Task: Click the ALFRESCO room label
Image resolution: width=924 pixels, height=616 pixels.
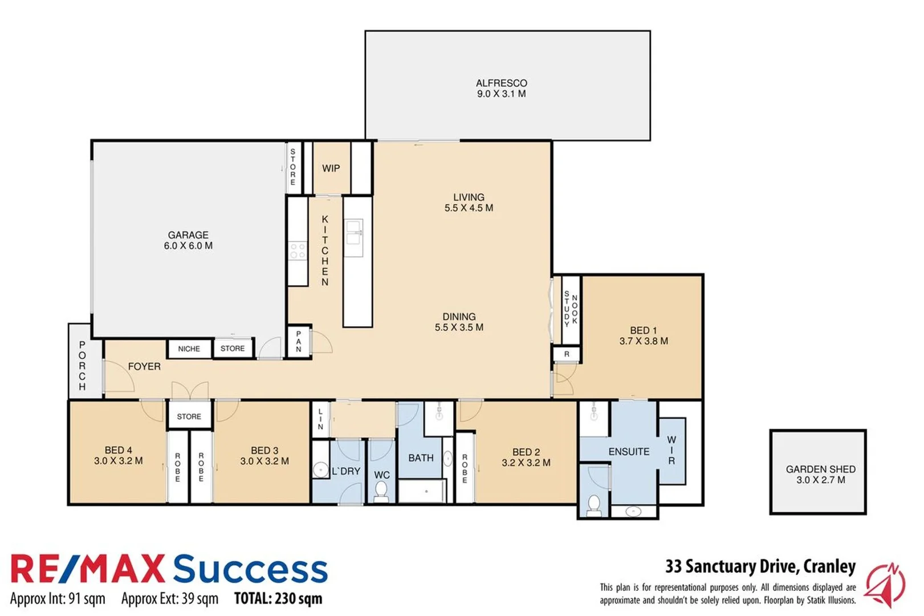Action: point(501,88)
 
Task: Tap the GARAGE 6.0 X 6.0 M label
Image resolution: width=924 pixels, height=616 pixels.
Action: point(188,240)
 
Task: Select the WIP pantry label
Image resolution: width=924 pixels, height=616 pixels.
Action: point(331,168)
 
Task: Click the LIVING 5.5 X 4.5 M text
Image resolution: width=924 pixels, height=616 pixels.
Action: point(469,202)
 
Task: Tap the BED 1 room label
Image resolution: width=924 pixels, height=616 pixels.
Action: point(644,335)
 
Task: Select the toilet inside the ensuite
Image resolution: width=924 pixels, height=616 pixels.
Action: point(594,504)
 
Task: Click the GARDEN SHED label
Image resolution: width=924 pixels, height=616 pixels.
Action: point(820,474)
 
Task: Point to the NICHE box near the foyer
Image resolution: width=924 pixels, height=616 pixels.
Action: point(189,348)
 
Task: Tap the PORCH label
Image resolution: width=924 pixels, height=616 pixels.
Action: point(82,366)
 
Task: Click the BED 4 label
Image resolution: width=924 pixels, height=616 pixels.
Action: point(119,455)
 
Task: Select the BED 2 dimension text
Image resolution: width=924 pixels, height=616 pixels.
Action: point(526,463)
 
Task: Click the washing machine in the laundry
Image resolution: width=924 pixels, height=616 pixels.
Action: point(321,469)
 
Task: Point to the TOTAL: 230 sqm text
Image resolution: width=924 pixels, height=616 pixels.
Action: point(278,598)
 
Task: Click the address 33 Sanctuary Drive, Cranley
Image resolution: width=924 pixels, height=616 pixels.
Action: point(760,566)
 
